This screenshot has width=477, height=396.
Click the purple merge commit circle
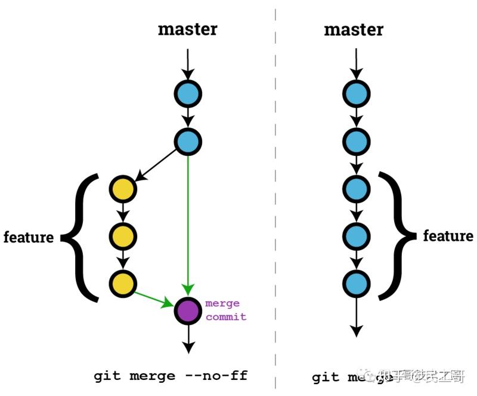click(x=188, y=310)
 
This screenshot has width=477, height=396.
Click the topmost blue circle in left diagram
click(x=188, y=94)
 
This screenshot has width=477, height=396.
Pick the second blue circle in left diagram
click(x=188, y=141)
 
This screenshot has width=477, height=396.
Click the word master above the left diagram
click(x=187, y=29)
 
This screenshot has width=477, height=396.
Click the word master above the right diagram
click(x=354, y=29)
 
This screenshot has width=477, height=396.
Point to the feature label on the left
click(x=29, y=237)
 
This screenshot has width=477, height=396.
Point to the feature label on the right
click(x=448, y=236)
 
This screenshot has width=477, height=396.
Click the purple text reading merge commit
click(x=225, y=310)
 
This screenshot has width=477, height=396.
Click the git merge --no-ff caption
click(x=170, y=376)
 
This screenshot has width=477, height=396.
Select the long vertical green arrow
click(x=188, y=227)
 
